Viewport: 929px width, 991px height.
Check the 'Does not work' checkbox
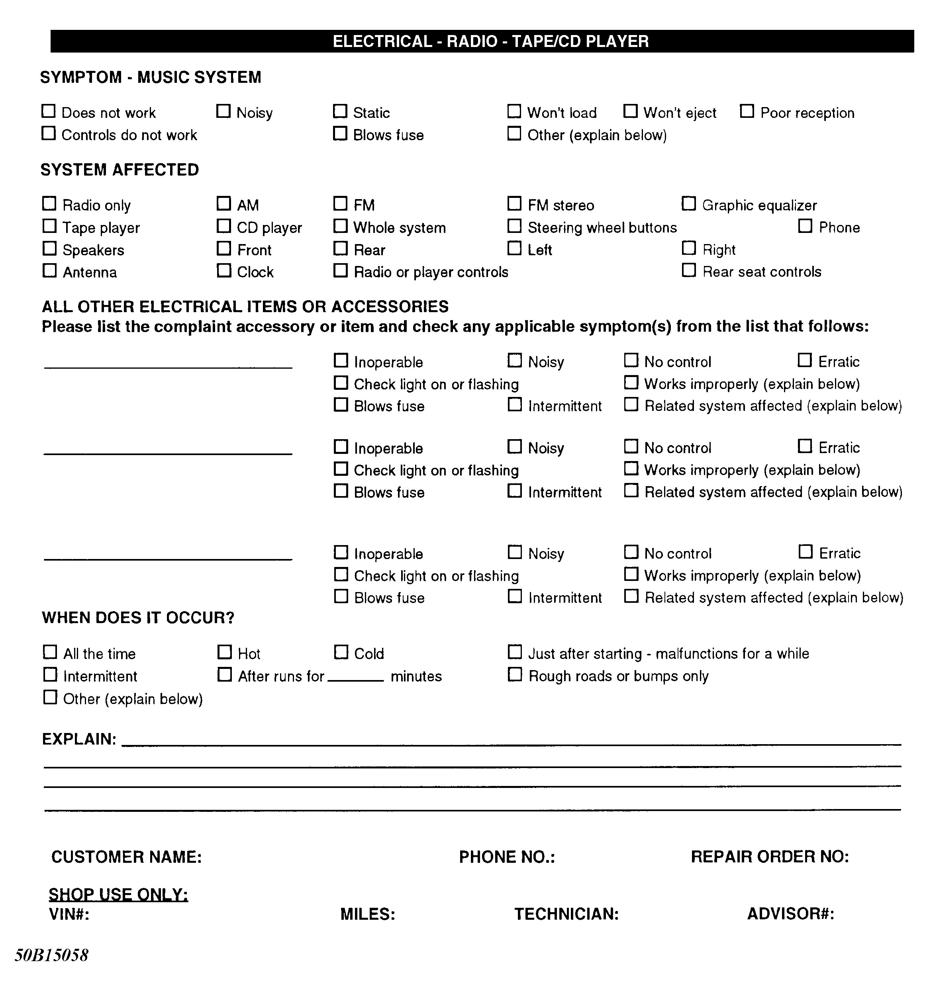48,111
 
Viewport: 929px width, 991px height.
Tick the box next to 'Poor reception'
747,111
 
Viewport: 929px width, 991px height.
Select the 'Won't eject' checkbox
630,111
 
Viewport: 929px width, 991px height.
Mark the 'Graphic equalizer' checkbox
689,204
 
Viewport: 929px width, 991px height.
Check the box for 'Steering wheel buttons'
514,226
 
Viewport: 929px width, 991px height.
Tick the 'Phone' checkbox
805,226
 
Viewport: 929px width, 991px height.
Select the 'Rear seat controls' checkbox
689,270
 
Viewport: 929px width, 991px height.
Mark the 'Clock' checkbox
224,271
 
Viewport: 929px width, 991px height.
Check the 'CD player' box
224,226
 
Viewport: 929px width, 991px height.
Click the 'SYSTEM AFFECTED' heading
120,170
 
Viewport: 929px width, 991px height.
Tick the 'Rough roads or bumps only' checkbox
515,675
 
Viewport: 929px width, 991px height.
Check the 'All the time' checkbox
50,652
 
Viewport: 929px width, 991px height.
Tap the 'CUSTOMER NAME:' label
126,857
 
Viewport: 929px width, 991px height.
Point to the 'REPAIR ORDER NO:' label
769,857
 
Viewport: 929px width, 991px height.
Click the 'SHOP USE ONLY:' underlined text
118,894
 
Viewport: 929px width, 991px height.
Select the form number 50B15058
51,955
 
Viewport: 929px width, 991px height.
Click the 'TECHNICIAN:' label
566,914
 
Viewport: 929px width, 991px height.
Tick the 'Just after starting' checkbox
515,652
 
